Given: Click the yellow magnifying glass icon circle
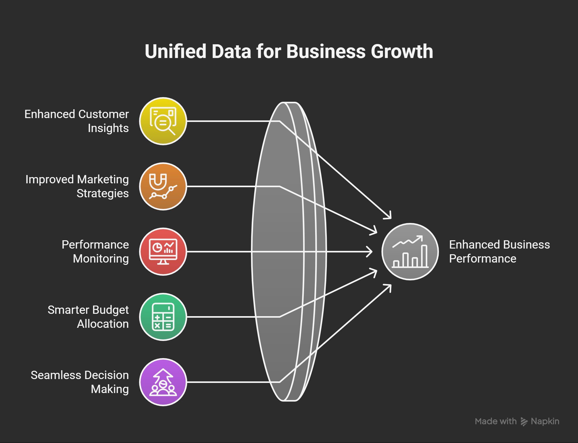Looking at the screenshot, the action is click(x=163, y=121).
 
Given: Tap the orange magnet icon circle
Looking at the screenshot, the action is click(x=163, y=186).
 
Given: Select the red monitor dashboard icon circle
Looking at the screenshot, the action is click(x=163, y=252).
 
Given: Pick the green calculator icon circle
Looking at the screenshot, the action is click(x=163, y=317).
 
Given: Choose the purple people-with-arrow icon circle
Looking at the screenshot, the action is click(x=163, y=382).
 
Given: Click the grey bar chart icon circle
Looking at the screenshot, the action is click(x=410, y=252).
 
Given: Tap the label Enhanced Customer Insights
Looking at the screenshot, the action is click(x=76, y=121).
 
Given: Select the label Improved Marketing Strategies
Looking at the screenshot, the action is click(x=77, y=186).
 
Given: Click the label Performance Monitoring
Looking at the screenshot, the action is click(x=95, y=252).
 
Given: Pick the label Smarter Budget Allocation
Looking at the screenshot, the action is click(x=88, y=317).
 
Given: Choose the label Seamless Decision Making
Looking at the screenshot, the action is click(x=80, y=382).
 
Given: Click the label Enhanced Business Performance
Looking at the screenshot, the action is click(x=500, y=252).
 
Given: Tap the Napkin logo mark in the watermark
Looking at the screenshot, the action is click(x=524, y=421).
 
